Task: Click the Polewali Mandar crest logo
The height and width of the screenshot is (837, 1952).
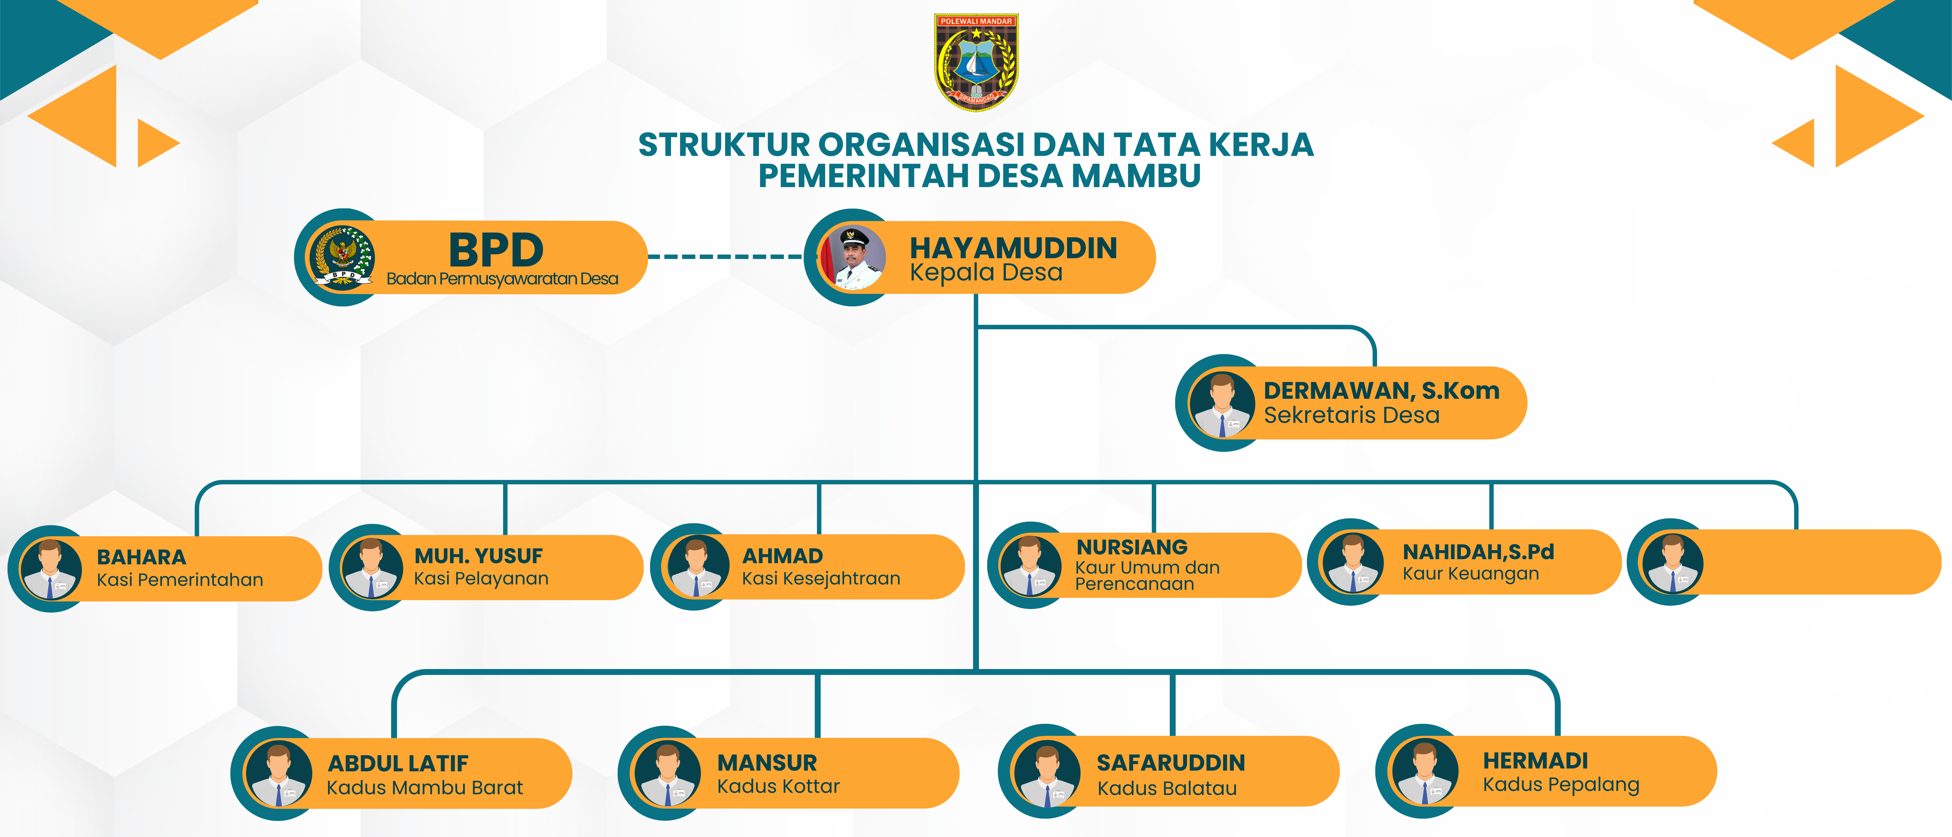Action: pyautogui.click(x=976, y=62)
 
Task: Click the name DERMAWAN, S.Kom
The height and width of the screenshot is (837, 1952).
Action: pyautogui.click(x=1381, y=391)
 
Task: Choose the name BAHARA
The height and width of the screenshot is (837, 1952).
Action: pyautogui.click(x=141, y=557)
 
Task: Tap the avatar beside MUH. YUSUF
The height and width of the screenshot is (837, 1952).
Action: pyautogui.click(x=371, y=569)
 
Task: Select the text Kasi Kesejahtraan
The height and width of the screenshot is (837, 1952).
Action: pyautogui.click(x=821, y=579)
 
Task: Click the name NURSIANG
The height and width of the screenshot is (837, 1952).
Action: pyautogui.click(x=1132, y=547)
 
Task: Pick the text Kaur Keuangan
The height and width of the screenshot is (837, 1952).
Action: pyautogui.click(x=1470, y=574)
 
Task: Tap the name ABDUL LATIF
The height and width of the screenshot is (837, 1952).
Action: pyautogui.click(x=398, y=764)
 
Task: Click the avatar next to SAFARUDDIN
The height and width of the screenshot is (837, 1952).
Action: pyautogui.click(x=1046, y=773)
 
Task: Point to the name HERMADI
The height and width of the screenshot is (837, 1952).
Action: pyautogui.click(x=1535, y=760)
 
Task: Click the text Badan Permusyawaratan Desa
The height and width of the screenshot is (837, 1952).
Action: pyautogui.click(x=502, y=279)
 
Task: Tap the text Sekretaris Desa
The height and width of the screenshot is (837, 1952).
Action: pyautogui.click(x=1351, y=416)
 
